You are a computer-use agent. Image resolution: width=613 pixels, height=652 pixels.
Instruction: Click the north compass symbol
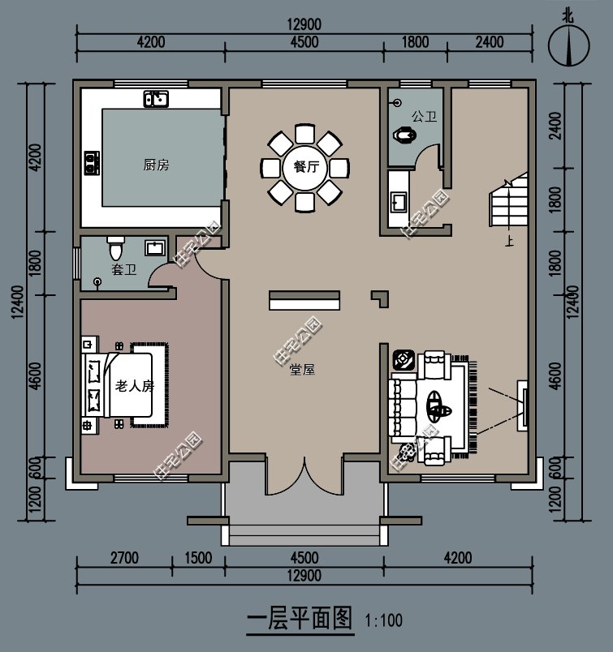point(568,45)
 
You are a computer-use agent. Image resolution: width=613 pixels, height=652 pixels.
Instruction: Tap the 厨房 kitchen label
point(156,165)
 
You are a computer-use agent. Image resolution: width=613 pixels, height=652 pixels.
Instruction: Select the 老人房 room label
point(134,386)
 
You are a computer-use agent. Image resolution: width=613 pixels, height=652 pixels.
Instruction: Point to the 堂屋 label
point(302,369)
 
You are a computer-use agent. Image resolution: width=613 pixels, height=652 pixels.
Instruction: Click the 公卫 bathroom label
point(424,117)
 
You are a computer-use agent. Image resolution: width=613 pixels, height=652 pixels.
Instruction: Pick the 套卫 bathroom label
point(123,269)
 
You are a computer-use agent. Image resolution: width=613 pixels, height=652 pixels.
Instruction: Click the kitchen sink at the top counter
point(156,100)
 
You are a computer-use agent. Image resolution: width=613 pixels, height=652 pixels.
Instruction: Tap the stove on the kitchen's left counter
point(90,162)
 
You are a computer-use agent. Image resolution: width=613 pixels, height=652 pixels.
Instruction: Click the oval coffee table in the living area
point(437,404)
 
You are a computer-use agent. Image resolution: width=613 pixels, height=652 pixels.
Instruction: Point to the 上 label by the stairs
point(509,241)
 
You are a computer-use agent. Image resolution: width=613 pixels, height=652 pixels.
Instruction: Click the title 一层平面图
point(299,620)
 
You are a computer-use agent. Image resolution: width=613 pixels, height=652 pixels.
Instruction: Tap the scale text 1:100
point(383,622)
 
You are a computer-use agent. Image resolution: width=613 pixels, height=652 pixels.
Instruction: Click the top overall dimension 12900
point(304,25)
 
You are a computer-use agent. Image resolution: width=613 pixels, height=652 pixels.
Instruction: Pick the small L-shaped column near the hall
point(379,298)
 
